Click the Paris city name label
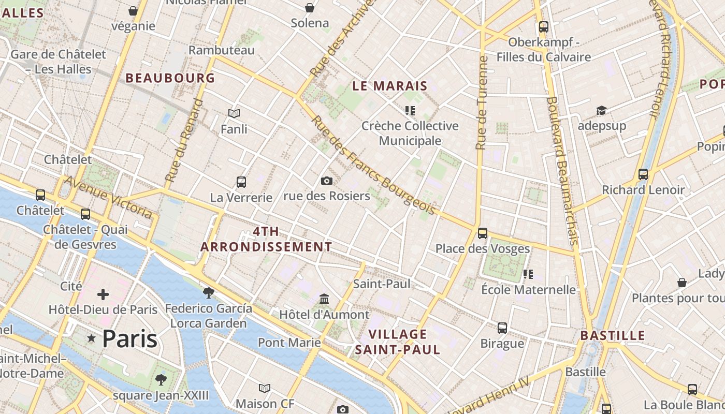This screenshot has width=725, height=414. (x=129, y=339)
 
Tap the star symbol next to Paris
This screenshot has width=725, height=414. (x=92, y=338)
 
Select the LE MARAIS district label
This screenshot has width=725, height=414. (x=390, y=86)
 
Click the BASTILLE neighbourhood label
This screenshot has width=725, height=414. (x=613, y=335)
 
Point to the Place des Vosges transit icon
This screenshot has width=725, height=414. (x=483, y=233)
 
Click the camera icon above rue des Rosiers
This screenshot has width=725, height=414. (x=327, y=181)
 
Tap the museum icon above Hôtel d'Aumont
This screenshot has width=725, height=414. (x=325, y=299)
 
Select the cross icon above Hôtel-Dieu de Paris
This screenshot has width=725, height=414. (x=103, y=294)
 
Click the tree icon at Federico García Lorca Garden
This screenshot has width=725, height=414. (x=209, y=293)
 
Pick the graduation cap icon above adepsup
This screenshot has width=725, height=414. (x=601, y=110)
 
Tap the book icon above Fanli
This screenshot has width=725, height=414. (x=234, y=113)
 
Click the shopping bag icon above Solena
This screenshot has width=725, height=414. (x=310, y=8)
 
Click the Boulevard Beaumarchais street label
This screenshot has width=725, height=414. (x=562, y=171)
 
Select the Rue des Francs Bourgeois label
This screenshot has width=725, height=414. (x=373, y=165)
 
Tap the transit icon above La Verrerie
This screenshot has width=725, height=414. (x=241, y=182)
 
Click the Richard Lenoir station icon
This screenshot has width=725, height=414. (x=643, y=174)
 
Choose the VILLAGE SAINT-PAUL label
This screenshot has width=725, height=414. (x=398, y=342)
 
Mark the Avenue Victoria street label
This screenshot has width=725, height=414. (x=109, y=197)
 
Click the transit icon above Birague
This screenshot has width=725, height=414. (x=502, y=328)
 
